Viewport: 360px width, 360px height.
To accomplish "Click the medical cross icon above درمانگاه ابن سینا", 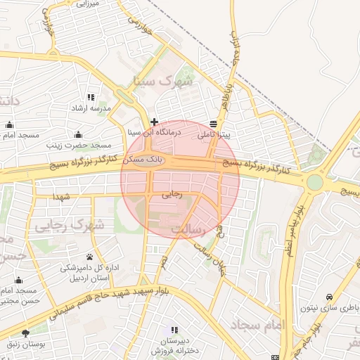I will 154,122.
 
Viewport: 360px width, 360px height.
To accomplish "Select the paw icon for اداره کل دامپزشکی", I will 90,257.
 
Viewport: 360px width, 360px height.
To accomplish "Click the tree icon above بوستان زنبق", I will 26,333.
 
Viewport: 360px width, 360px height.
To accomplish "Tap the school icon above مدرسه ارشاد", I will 90,98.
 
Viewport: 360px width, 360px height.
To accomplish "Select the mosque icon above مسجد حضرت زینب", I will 78,134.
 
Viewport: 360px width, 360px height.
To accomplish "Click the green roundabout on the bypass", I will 314,183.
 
